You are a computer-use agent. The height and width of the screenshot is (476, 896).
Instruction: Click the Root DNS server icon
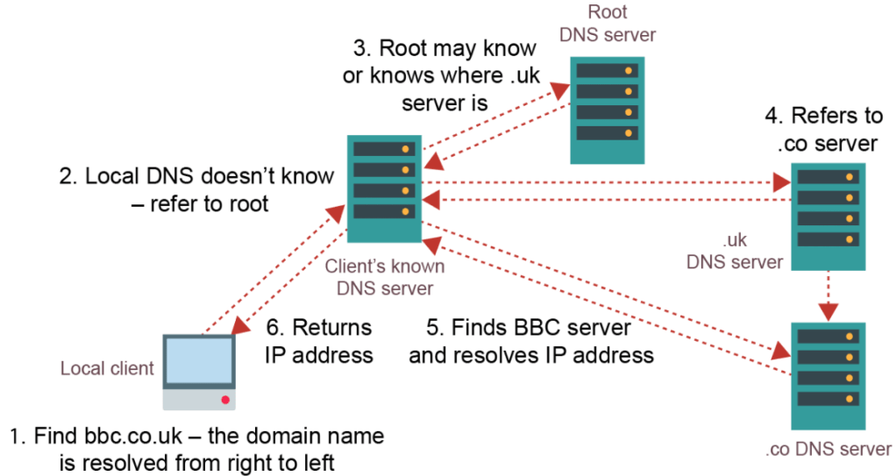[x=608, y=110]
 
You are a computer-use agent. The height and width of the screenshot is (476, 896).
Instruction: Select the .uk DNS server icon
[x=828, y=216]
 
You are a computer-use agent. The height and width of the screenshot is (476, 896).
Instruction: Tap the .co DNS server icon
[x=828, y=376]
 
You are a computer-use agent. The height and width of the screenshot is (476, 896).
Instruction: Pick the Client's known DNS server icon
[x=384, y=188]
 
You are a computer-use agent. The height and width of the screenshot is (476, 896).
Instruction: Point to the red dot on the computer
[x=225, y=400]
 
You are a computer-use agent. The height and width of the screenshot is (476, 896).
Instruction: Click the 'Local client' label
[x=107, y=368]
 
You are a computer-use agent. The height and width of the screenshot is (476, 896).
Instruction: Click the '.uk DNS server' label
[x=735, y=252]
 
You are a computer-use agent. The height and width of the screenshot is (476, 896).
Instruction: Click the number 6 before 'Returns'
[x=273, y=328]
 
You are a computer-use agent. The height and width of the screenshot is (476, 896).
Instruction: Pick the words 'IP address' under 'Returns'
[x=319, y=355]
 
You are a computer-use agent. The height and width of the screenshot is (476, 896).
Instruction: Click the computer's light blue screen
[x=200, y=362]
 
